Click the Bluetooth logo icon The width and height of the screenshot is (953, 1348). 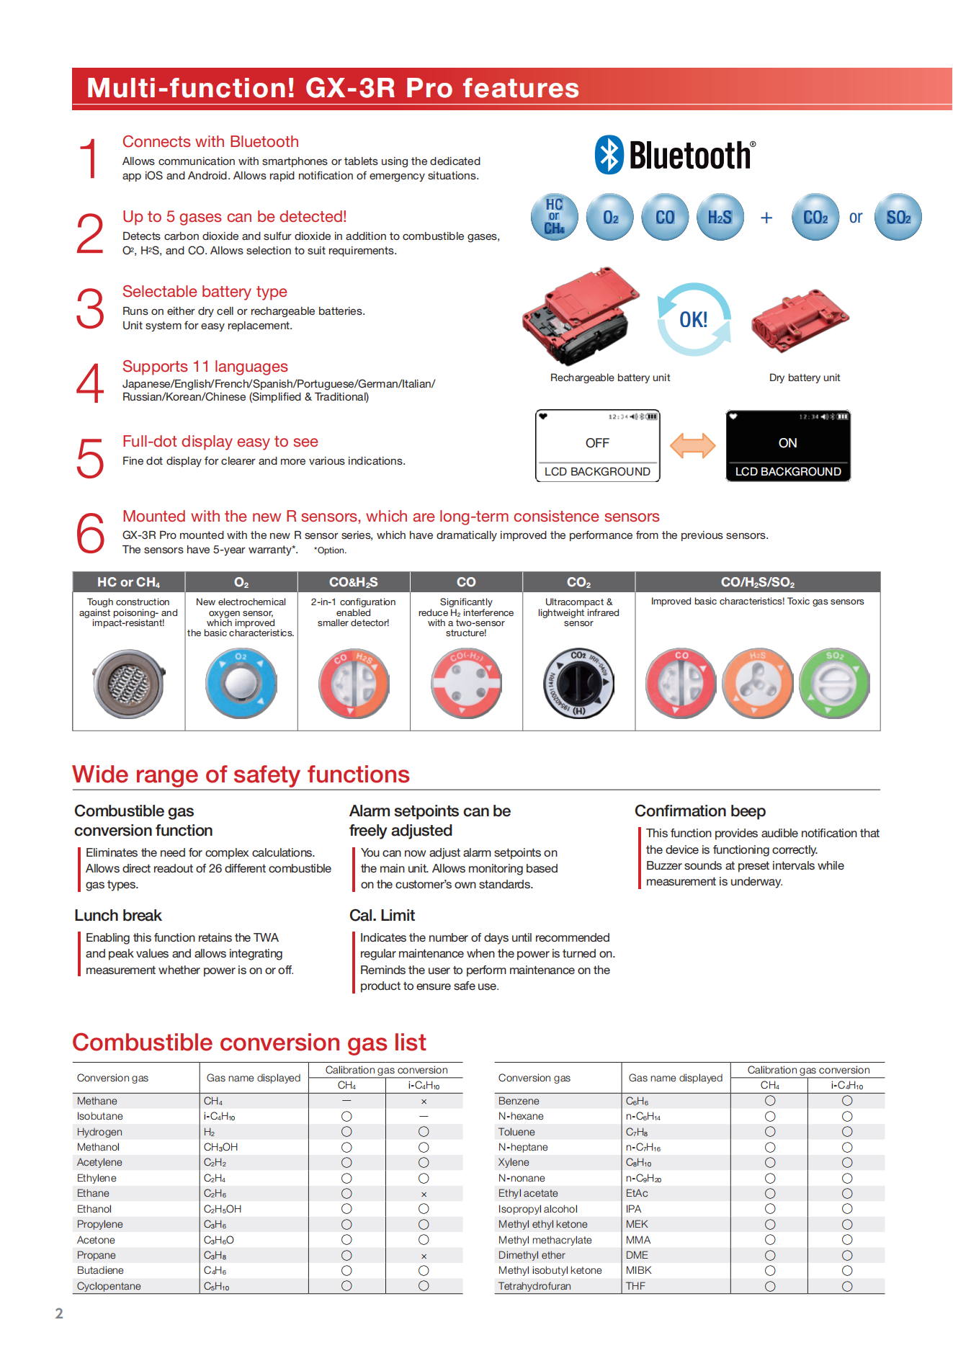(609, 155)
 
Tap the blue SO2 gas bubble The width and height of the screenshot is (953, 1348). (898, 217)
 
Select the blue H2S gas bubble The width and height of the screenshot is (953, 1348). (720, 217)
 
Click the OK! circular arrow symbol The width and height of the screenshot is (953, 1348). (694, 319)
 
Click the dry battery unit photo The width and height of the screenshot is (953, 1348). (800, 321)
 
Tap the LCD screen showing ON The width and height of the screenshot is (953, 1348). (788, 445)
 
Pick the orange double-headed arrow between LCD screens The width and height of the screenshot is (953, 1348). (692, 445)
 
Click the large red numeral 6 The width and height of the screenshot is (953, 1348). (91, 533)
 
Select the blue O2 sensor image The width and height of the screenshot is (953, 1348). (241, 683)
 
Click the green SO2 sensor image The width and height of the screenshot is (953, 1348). (834, 683)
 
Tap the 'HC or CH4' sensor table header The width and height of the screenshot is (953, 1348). (129, 582)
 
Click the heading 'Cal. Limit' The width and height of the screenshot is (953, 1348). (382, 916)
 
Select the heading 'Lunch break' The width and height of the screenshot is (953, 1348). (118, 916)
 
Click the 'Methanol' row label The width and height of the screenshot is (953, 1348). (99, 1147)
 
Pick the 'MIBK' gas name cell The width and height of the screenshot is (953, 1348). (638, 1270)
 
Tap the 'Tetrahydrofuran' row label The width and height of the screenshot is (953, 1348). (534, 1286)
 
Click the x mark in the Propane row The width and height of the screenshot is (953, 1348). (424, 1256)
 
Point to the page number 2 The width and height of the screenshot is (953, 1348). (59, 1313)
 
